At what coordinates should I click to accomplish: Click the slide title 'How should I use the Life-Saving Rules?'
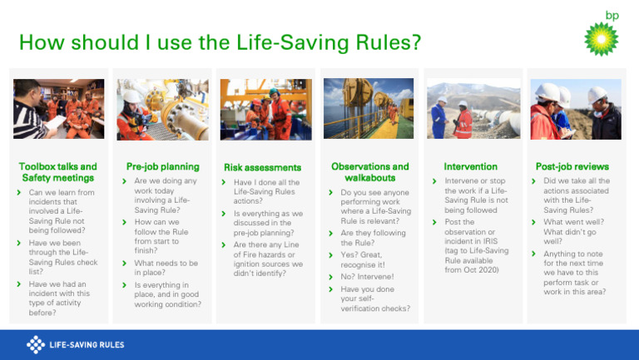(x=219, y=42)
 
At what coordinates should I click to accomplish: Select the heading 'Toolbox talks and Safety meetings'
(x=58, y=172)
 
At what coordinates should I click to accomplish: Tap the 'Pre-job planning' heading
(x=162, y=166)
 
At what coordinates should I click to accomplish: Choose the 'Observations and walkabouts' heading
(x=369, y=172)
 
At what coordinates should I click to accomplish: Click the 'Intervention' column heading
(x=471, y=166)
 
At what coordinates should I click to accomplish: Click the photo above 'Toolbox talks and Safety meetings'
(x=58, y=109)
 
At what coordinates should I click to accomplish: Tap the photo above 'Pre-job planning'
(x=162, y=109)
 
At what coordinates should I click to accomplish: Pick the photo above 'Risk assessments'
(x=265, y=109)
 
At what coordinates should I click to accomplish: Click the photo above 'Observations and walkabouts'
(x=369, y=109)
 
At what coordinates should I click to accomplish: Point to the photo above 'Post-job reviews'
(x=576, y=109)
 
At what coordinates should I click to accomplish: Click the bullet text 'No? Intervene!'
(x=368, y=276)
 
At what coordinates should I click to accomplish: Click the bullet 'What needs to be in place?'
(x=166, y=268)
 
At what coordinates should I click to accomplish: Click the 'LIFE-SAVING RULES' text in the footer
(x=87, y=344)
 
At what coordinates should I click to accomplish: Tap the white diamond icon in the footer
(x=36, y=344)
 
